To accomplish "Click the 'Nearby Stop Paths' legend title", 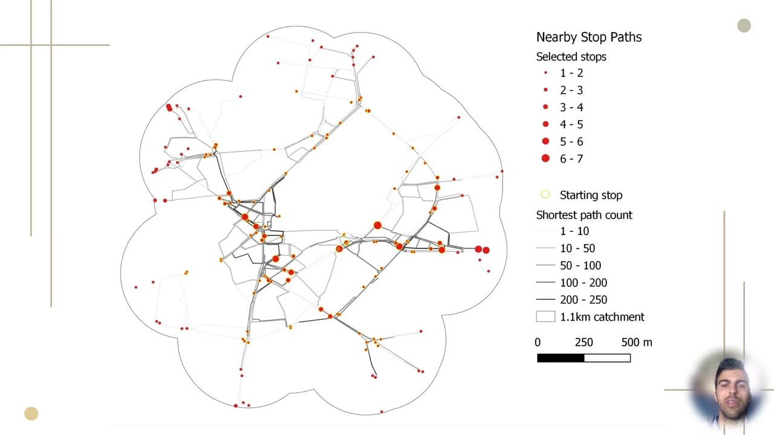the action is point(589,37).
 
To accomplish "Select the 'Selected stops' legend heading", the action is point(571,57).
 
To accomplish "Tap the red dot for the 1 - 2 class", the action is point(545,73).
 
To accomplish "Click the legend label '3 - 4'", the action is point(571,108).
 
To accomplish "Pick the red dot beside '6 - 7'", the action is point(545,158).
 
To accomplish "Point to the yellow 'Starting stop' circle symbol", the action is point(545,195).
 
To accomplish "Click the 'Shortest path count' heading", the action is point(584,215).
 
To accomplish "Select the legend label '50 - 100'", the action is point(580,265).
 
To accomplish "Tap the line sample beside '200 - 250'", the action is point(545,299).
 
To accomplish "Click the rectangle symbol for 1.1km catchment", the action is point(545,317).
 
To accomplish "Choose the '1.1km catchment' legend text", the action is point(602,317).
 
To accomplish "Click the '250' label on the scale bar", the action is point(584,343).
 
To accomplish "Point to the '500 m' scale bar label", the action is point(637,343).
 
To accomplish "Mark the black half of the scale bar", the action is point(561,358).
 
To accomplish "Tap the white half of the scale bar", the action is point(608,358).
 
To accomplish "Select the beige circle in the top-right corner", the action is point(744,25).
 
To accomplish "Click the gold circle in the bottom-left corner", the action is point(31,414).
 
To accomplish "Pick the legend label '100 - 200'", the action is point(584,283).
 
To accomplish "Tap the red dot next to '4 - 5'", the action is point(545,124).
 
